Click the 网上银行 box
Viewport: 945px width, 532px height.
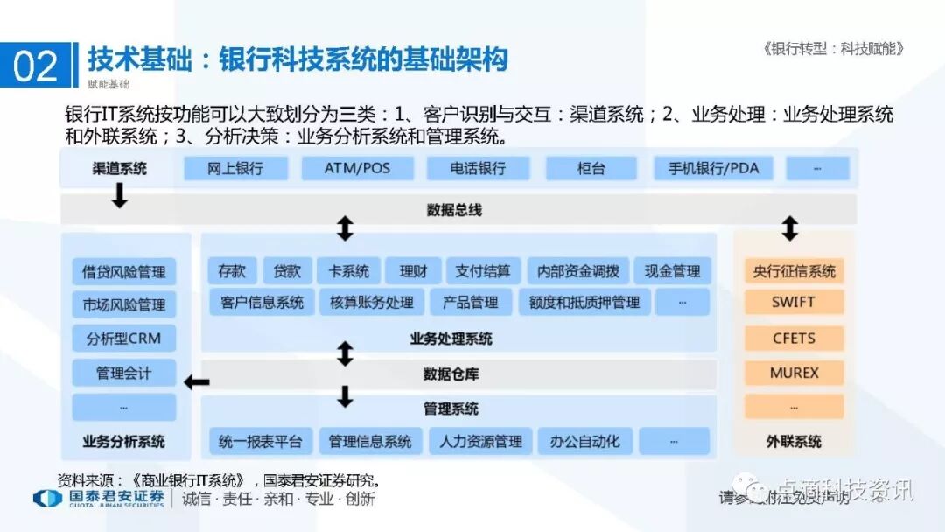pos(235,168)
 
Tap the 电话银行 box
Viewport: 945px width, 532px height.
pos(478,168)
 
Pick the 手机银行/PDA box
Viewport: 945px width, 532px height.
pos(713,168)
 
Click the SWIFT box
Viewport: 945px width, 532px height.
pos(794,303)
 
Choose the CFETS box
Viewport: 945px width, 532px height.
pos(794,338)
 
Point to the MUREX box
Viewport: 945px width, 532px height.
pos(794,373)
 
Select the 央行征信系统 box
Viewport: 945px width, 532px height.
pos(794,271)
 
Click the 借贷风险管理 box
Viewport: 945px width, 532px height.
pos(123,271)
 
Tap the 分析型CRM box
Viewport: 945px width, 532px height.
pos(123,339)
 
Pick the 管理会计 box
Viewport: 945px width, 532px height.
pos(123,374)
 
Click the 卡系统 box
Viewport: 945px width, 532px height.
pos(343,271)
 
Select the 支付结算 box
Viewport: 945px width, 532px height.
pos(483,271)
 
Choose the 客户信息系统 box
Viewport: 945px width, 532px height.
pos(262,303)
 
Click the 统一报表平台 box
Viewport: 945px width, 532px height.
pos(260,442)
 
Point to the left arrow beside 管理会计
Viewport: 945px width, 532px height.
pos(196,381)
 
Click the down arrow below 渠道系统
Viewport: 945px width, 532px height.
pos(120,196)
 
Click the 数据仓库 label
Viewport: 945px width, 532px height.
pos(451,374)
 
